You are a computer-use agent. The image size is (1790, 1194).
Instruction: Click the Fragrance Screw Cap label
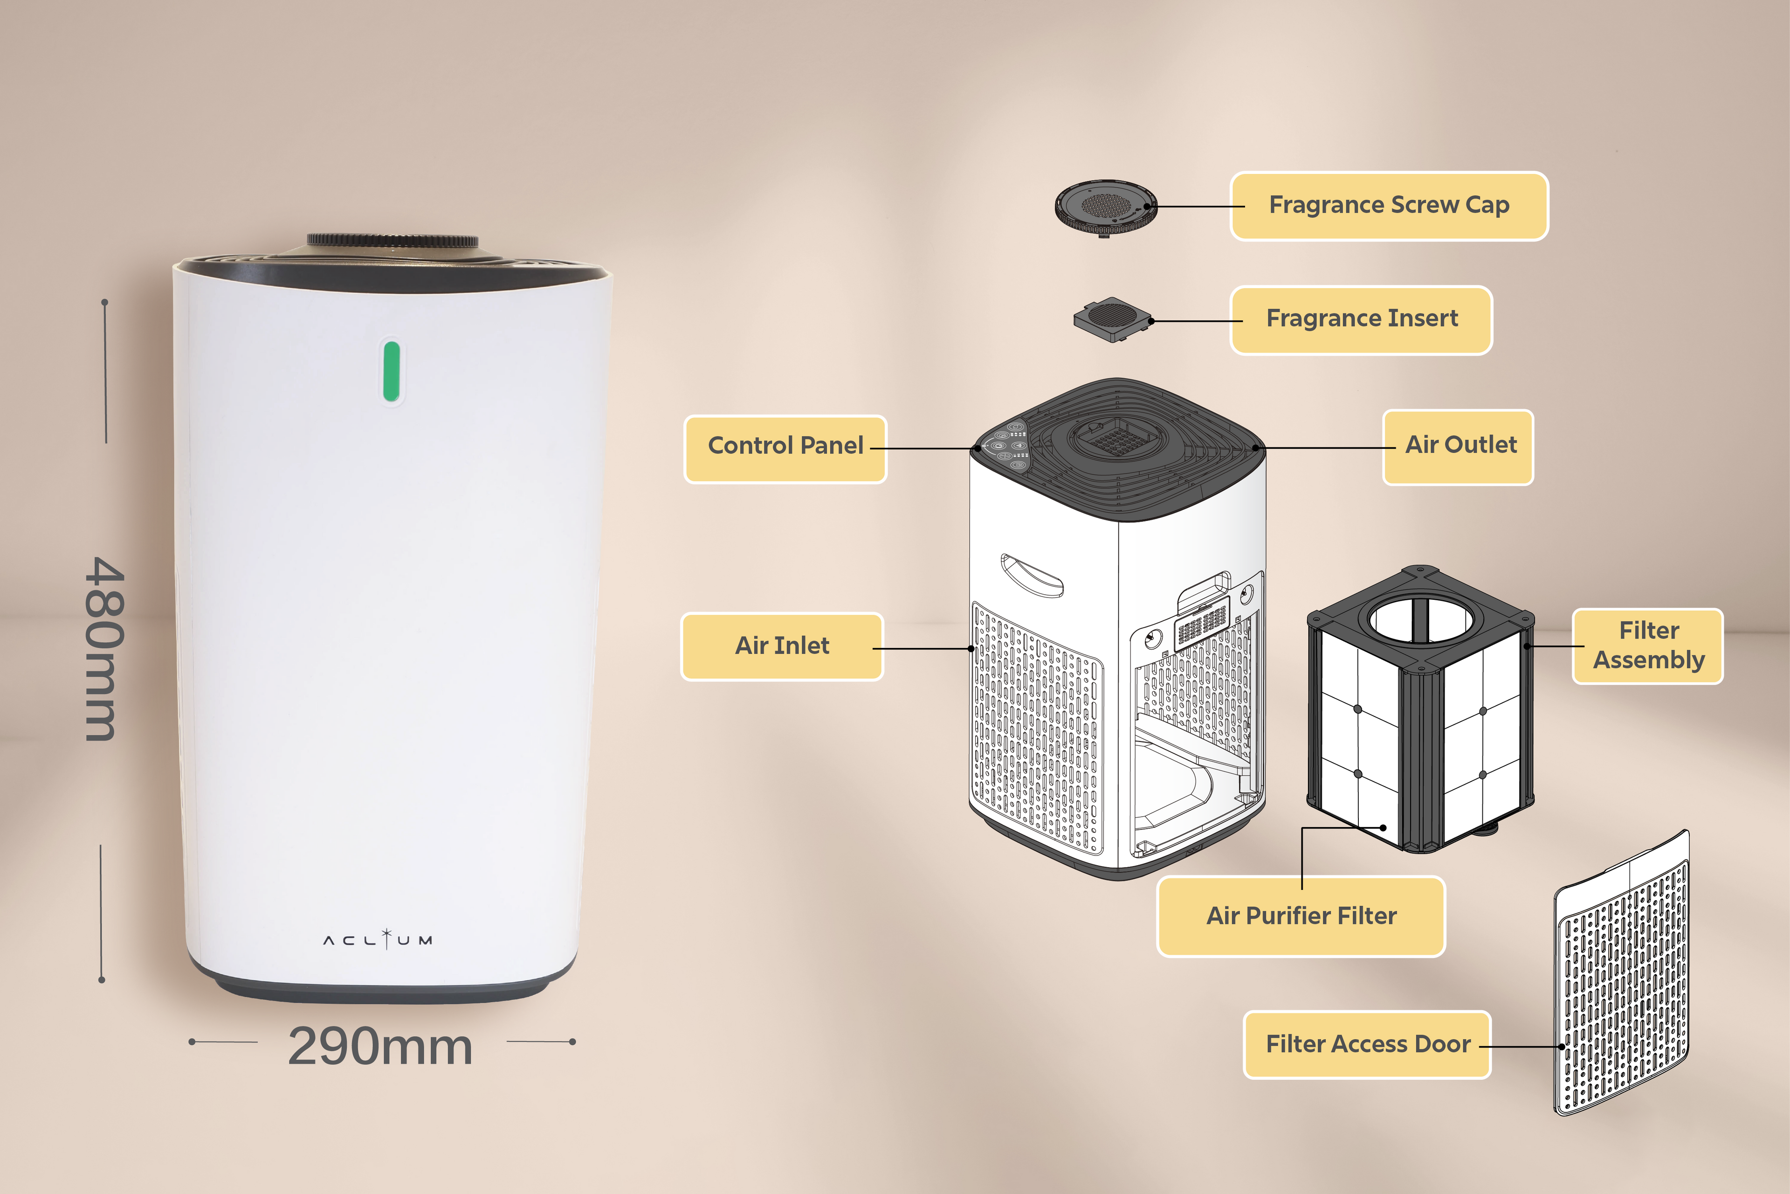(1389, 206)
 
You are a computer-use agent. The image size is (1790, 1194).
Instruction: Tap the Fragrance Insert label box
(1362, 319)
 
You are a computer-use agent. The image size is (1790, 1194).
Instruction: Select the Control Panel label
(785, 446)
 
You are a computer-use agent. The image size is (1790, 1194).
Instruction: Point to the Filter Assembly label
(1648, 646)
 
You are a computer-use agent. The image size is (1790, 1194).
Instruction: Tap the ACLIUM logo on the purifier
(378, 940)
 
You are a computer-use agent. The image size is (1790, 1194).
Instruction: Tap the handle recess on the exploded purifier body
(1031, 575)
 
